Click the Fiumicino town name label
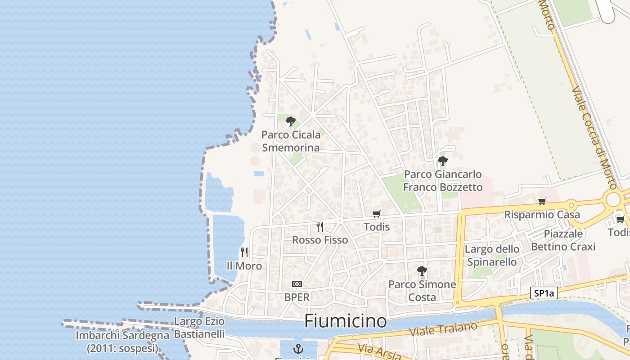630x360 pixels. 345,321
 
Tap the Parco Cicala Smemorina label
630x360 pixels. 291,141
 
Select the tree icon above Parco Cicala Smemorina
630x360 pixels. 291,121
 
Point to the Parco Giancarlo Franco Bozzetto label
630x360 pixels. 443,180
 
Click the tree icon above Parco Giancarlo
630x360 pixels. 443,161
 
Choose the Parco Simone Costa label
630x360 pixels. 422,291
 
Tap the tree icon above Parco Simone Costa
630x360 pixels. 422,270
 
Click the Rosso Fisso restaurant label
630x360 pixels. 320,240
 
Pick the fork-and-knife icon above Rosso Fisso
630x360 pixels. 320,226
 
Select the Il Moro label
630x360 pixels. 244,266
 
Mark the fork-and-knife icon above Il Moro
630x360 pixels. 244,252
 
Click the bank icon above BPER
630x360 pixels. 297,284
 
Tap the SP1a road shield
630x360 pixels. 544,293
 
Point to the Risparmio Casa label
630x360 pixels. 542,215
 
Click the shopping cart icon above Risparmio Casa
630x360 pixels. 542,202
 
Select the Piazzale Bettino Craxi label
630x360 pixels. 563,240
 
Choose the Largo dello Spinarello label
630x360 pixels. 492,255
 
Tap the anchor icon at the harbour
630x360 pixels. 297,348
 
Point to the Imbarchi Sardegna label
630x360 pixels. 122,342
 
